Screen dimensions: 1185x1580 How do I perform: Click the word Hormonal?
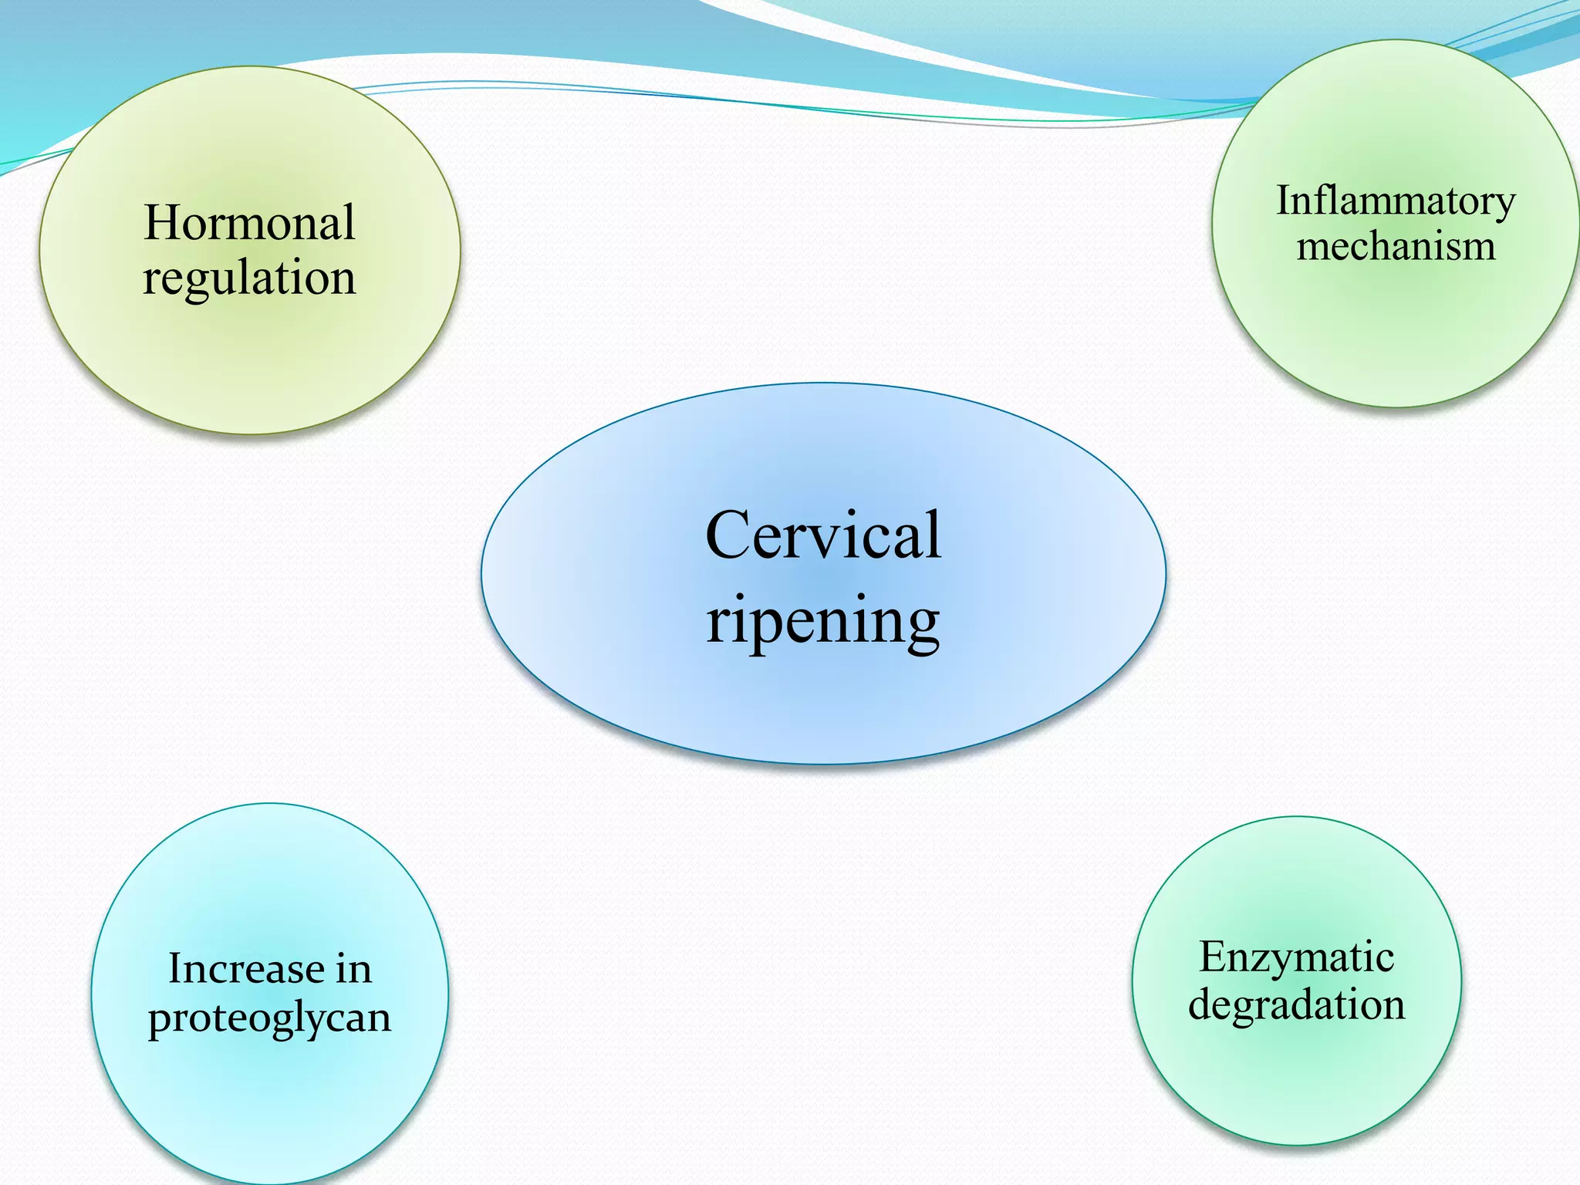pyautogui.click(x=249, y=223)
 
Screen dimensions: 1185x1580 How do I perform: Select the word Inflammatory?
pyautogui.click(x=1396, y=202)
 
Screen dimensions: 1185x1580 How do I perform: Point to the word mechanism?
pyautogui.click(x=1396, y=247)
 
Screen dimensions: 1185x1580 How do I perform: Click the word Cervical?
pyautogui.click(x=823, y=535)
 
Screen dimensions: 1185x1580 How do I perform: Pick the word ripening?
pyautogui.click(x=823, y=622)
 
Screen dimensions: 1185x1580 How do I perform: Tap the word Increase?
pyautogui.click(x=246, y=969)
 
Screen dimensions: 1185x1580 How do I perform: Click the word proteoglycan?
pyautogui.click(x=269, y=1018)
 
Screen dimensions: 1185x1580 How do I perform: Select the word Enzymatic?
pyautogui.click(x=1296, y=958)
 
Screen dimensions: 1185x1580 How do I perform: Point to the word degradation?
pyautogui.click(x=1296, y=1005)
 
